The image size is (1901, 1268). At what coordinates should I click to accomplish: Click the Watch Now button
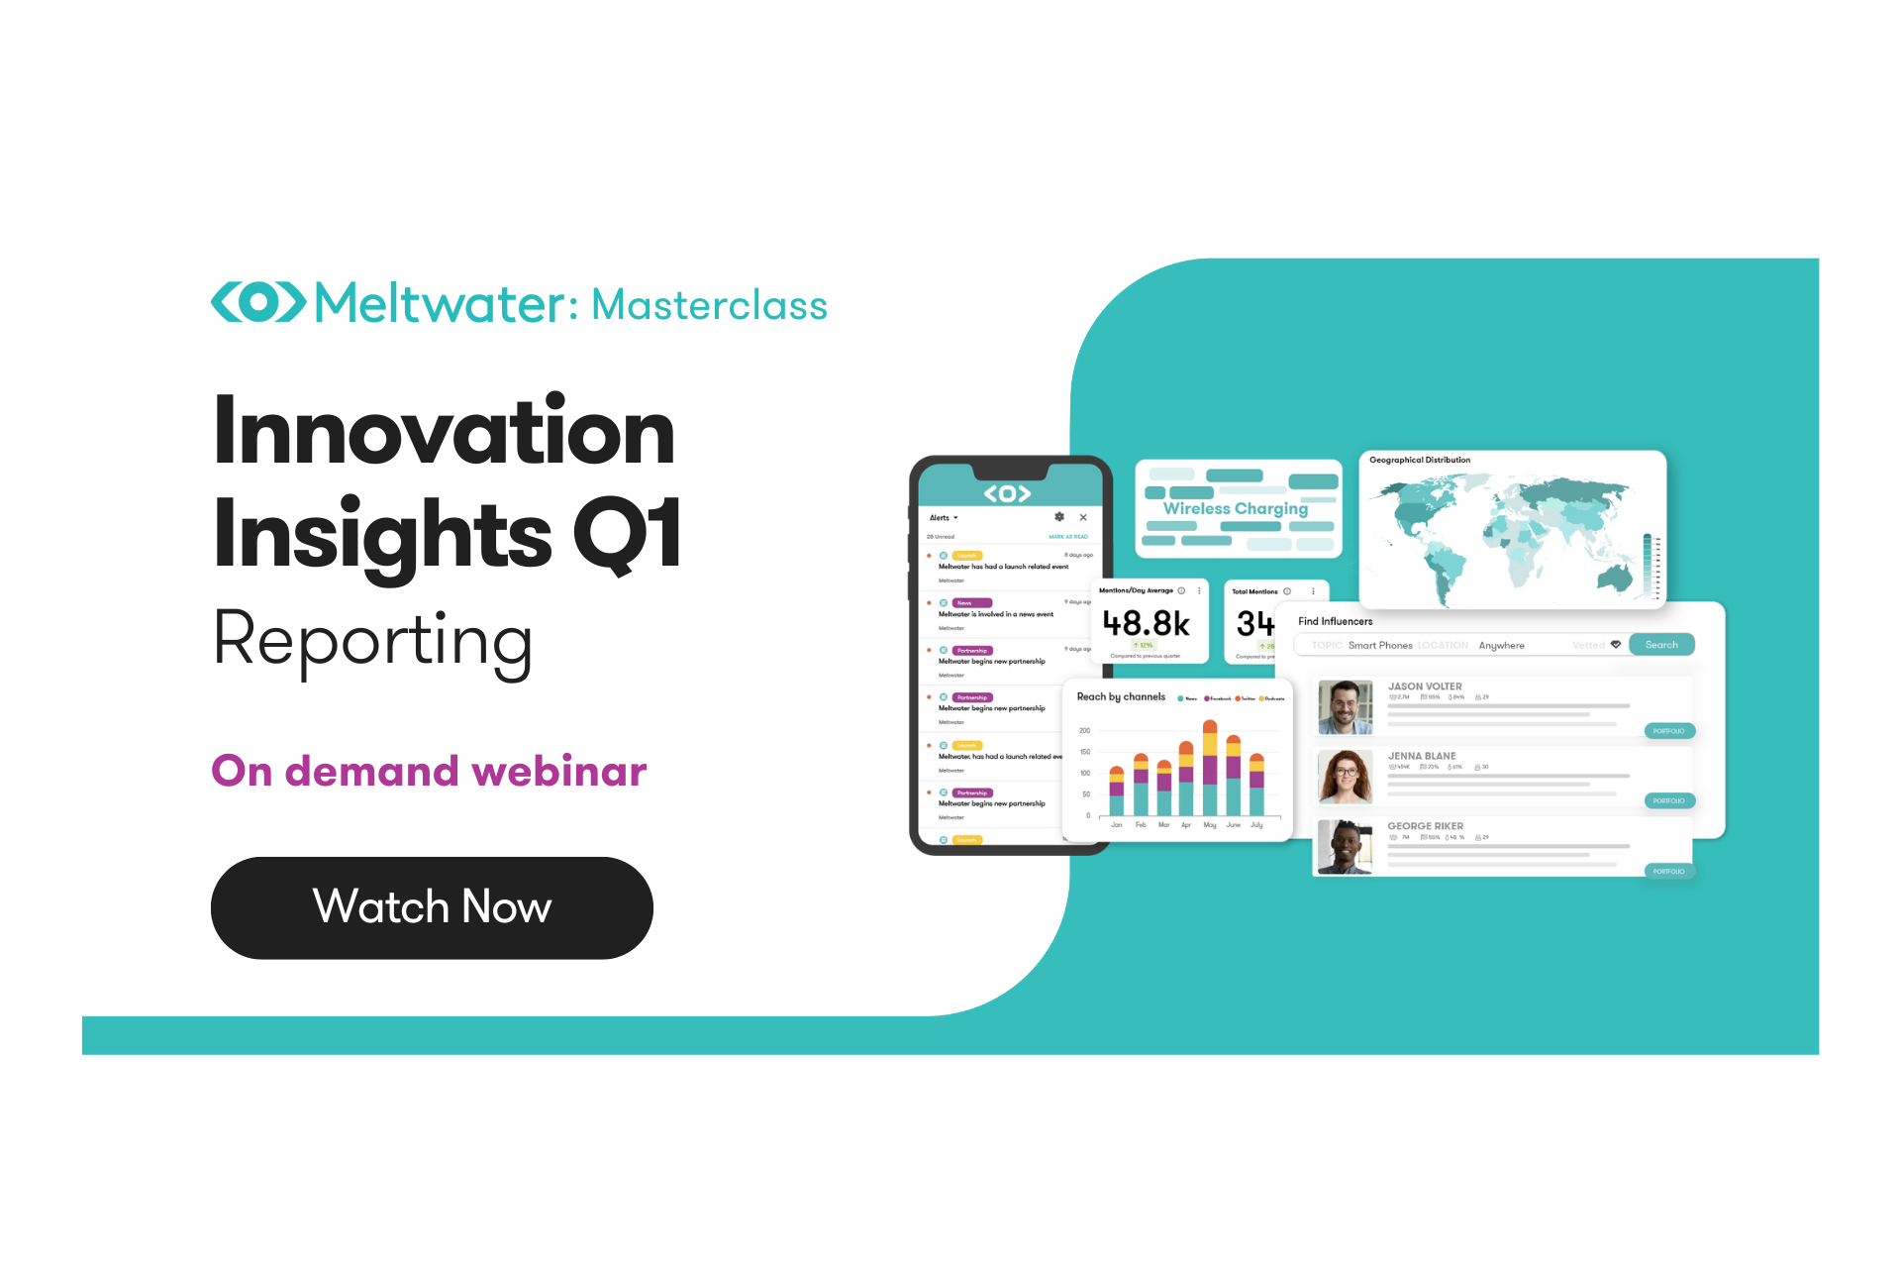point(432,907)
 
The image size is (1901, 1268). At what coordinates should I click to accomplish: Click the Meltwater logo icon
point(258,302)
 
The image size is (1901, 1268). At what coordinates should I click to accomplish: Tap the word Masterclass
point(709,305)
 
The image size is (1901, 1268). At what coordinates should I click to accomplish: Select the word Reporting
point(373,641)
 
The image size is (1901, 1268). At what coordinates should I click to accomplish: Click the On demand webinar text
point(429,771)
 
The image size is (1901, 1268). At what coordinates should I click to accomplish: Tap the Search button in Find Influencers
point(1661,645)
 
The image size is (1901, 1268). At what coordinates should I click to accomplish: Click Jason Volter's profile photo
point(1345,707)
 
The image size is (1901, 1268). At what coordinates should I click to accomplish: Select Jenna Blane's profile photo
point(1345,777)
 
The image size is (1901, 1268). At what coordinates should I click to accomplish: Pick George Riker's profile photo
point(1345,847)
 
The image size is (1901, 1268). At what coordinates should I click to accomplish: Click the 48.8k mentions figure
point(1147,623)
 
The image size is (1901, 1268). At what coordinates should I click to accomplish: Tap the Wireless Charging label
point(1235,508)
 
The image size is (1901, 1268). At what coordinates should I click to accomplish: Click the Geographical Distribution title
point(1419,460)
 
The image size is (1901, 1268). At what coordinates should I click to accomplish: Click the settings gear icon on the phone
point(1059,517)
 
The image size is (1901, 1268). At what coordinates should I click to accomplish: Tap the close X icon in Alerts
point(1083,517)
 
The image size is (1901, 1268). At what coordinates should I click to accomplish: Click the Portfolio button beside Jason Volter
point(1669,731)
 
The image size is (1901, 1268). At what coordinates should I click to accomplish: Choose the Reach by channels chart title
point(1121,696)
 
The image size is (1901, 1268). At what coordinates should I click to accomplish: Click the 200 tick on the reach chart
point(1084,731)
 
